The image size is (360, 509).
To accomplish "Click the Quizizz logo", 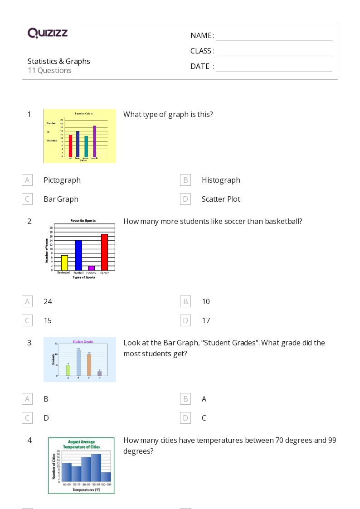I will tap(48, 33).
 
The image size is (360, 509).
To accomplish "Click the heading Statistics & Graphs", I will tap(59, 61).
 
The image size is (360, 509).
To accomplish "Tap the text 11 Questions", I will tap(49, 70).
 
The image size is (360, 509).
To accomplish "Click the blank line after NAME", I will tap(274, 36).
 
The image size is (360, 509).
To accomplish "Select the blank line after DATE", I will tap(274, 67).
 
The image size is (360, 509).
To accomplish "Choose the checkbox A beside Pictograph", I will tap(27, 180).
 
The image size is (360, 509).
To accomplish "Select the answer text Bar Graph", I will tap(61, 199).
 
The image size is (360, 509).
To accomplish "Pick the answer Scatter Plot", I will tap(221, 199).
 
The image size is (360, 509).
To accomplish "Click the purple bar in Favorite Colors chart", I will tap(95, 141).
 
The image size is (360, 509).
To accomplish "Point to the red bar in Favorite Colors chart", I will tap(70, 145).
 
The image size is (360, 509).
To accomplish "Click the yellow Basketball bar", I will tap(64, 263).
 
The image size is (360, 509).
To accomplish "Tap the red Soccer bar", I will tap(104, 252).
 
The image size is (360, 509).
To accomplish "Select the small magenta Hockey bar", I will tap(91, 268).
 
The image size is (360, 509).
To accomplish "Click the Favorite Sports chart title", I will tap(86, 221).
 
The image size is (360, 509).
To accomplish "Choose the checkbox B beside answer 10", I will tap(185, 301).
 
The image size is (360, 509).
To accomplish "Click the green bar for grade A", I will tap(68, 370).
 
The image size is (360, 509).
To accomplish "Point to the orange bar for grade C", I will tap(89, 365).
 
